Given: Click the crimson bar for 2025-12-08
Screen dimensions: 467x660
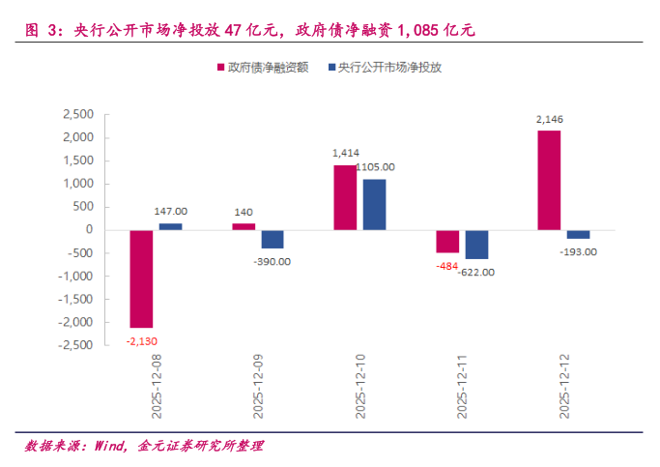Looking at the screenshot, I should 141,278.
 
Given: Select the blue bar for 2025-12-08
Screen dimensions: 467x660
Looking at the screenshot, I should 170,226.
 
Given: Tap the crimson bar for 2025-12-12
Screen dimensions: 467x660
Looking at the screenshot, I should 548,181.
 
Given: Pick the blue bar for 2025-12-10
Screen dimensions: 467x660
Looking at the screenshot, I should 374,204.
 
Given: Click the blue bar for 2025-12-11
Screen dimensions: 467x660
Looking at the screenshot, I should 475,245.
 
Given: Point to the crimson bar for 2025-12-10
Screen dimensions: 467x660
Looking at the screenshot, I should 345,197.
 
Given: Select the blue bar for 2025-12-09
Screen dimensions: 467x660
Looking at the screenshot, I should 272,239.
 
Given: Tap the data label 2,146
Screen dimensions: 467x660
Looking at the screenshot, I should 549,119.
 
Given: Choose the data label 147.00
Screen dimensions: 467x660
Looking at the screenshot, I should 171,211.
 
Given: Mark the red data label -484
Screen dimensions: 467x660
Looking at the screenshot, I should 446,265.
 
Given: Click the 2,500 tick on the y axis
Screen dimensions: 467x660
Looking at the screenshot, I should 77,114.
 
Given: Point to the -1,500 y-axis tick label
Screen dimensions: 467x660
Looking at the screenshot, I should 74,299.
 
